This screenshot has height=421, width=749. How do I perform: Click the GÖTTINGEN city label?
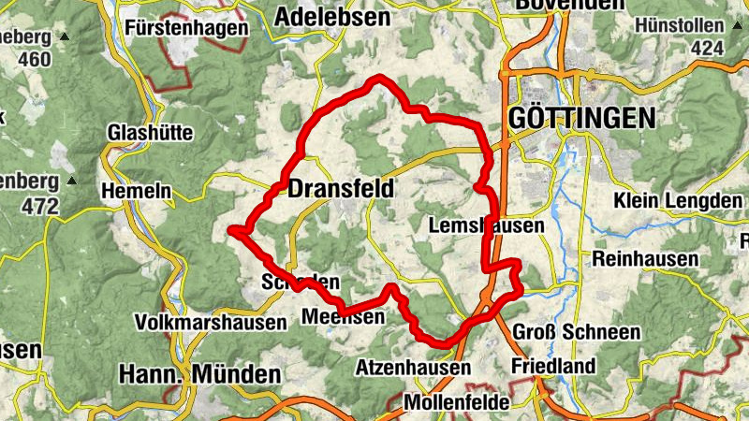coord(580,119)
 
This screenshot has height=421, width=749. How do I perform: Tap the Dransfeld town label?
coord(341,189)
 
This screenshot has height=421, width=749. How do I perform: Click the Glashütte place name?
coord(151,132)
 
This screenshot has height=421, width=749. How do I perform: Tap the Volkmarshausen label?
coord(211,323)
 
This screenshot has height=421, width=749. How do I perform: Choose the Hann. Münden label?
coord(200,374)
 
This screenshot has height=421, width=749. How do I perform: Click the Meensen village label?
coord(343,318)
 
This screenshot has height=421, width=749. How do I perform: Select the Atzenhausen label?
coord(413,369)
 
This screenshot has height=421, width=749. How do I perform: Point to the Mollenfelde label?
coord(458,402)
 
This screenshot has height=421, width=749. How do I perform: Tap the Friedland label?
coord(553,366)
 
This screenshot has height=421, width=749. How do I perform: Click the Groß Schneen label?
coord(577,332)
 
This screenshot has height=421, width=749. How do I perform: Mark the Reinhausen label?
coord(646,258)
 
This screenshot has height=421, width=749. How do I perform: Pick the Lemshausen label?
coord(485,225)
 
